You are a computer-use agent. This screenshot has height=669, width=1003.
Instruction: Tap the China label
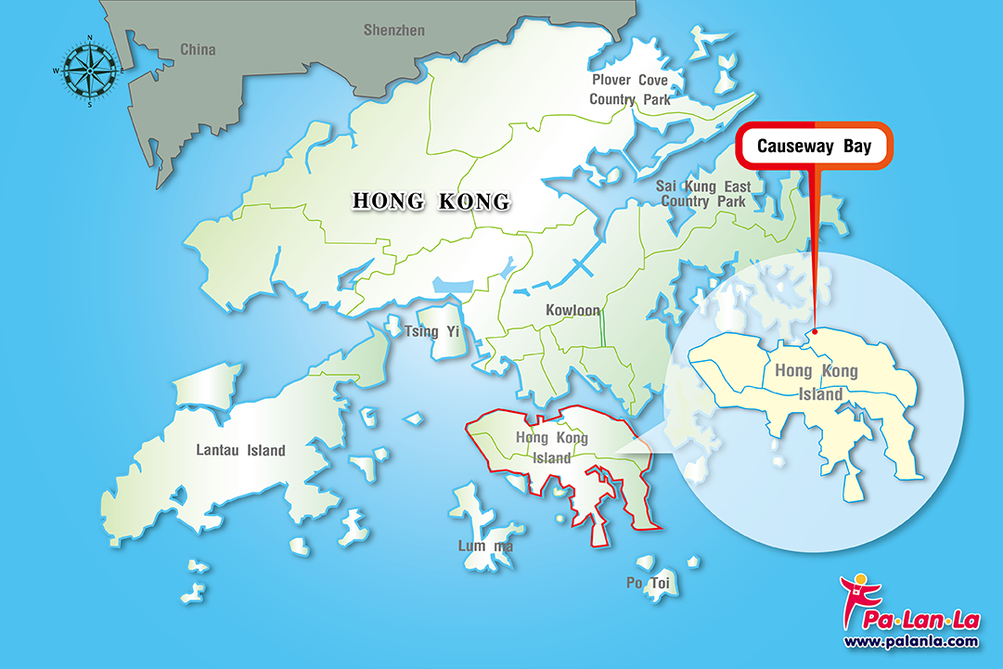point(198,49)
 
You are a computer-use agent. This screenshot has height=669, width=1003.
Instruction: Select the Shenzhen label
point(393,30)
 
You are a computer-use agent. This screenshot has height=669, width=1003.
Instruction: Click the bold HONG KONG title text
point(431,200)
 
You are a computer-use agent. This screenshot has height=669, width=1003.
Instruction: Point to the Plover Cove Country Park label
point(630,90)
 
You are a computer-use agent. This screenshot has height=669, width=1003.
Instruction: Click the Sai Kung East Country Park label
point(703,194)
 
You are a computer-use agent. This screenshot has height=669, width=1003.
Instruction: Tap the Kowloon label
point(572,310)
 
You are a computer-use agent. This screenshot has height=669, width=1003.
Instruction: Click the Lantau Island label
point(241,451)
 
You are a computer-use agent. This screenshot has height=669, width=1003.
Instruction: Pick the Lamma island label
point(484,546)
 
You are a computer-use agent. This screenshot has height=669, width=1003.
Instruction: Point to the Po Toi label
point(648,582)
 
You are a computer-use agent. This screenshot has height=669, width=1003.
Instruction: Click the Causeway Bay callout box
point(814,147)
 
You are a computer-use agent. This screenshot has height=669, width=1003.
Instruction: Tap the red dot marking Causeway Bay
point(815,331)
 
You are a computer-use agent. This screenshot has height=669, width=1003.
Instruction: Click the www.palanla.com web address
point(910,641)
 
